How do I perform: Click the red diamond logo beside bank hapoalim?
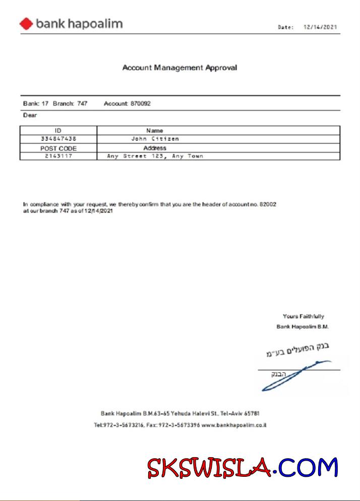click(x=26, y=23)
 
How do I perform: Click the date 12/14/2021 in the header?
click(x=320, y=27)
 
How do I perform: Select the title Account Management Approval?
click(x=179, y=67)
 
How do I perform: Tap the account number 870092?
click(x=140, y=103)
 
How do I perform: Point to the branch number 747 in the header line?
click(x=82, y=103)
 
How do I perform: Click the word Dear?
click(x=30, y=115)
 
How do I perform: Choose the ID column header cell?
click(x=58, y=131)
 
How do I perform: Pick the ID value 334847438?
click(x=58, y=139)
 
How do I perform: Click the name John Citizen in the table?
click(x=155, y=139)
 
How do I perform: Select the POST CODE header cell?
click(x=58, y=148)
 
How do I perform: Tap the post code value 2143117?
click(x=58, y=156)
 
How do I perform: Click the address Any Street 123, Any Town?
click(x=155, y=156)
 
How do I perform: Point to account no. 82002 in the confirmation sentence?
click(x=268, y=204)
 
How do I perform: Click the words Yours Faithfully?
click(x=303, y=316)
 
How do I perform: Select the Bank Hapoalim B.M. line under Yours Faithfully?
click(x=303, y=327)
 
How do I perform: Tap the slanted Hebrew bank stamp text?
click(x=297, y=349)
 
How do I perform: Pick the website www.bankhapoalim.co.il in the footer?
click(x=234, y=425)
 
